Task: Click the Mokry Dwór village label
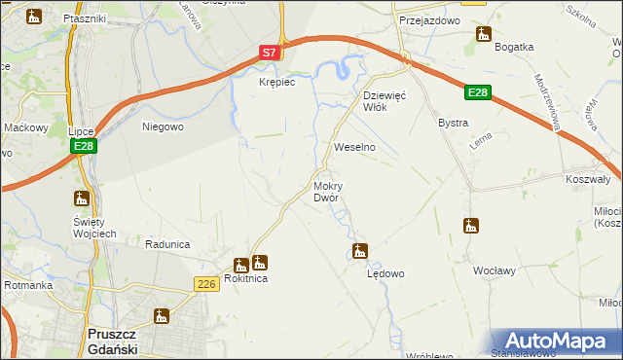(327, 191)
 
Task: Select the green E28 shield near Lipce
(83, 146)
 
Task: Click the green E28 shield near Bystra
(476, 92)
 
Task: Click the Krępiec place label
(275, 83)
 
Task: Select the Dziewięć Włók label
(389, 101)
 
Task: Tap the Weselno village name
(354, 146)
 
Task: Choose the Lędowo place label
(385, 273)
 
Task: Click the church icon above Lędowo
(360, 251)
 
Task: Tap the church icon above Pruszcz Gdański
(161, 315)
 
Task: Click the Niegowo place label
(163, 126)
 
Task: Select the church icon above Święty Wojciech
(82, 198)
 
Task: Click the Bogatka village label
(514, 47)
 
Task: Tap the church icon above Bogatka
(484, 35)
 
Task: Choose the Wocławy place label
(494, 270)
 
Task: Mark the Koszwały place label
(587, 179)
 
